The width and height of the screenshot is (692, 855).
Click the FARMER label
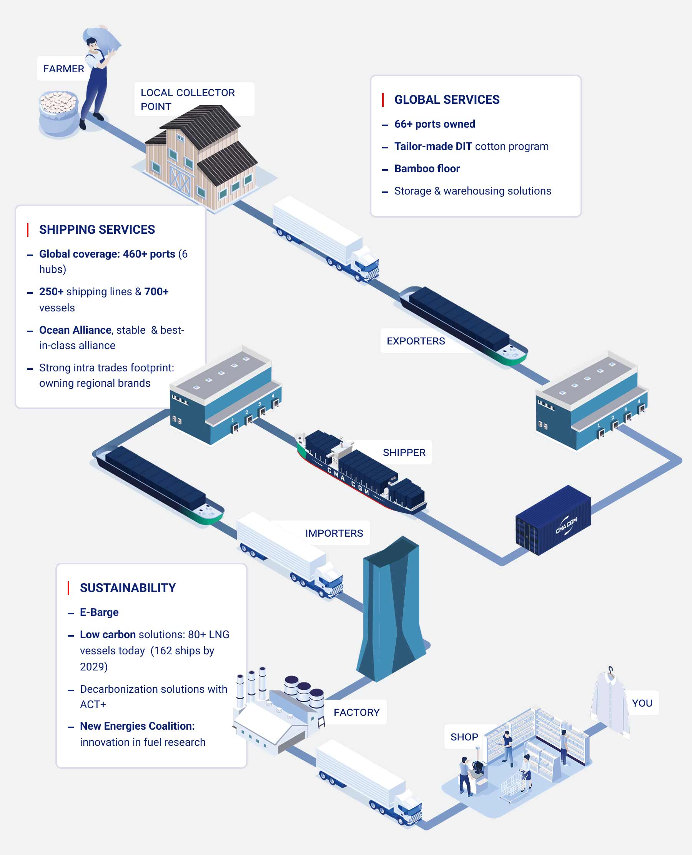[63, 69]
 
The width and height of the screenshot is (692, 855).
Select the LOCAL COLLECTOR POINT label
[187, 99]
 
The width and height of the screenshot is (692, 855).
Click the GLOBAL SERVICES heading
[446, 100]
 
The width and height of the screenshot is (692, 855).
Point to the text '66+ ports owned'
[434, 124]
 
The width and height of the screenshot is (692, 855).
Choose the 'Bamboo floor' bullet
[426, 169]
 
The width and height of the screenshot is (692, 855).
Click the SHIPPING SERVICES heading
[97, 230]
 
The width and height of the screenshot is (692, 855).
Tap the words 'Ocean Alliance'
[75, 330]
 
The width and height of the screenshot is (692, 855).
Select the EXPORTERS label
[415, 341]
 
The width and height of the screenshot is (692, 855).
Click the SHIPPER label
[404, 452]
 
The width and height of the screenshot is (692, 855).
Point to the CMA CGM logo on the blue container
[566, 526]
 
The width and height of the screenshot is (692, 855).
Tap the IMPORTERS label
[334, 533]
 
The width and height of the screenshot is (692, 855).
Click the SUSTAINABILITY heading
[128, 588]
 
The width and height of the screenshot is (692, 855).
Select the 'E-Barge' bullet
[99, 612]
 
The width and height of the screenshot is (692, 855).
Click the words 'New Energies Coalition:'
[137, 726]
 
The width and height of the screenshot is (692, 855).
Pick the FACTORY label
[356, 712]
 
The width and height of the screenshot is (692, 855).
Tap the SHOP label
[464, 737]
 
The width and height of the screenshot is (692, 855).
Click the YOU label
[642, 703]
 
